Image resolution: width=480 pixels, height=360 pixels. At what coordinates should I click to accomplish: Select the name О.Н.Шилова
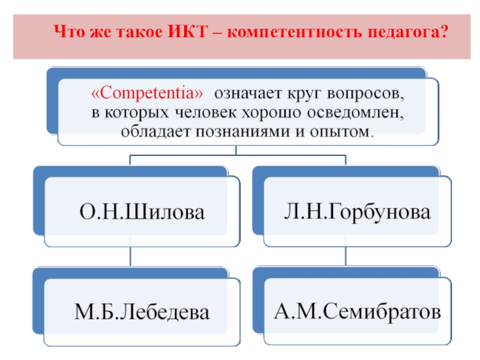(x=142, y=212)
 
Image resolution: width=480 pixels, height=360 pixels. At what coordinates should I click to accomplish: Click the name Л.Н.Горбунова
(x=358, y=212)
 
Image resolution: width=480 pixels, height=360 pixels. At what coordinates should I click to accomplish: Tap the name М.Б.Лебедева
(x=142, y=311)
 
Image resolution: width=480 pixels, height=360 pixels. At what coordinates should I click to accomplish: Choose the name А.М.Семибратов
(x=358, y=311)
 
